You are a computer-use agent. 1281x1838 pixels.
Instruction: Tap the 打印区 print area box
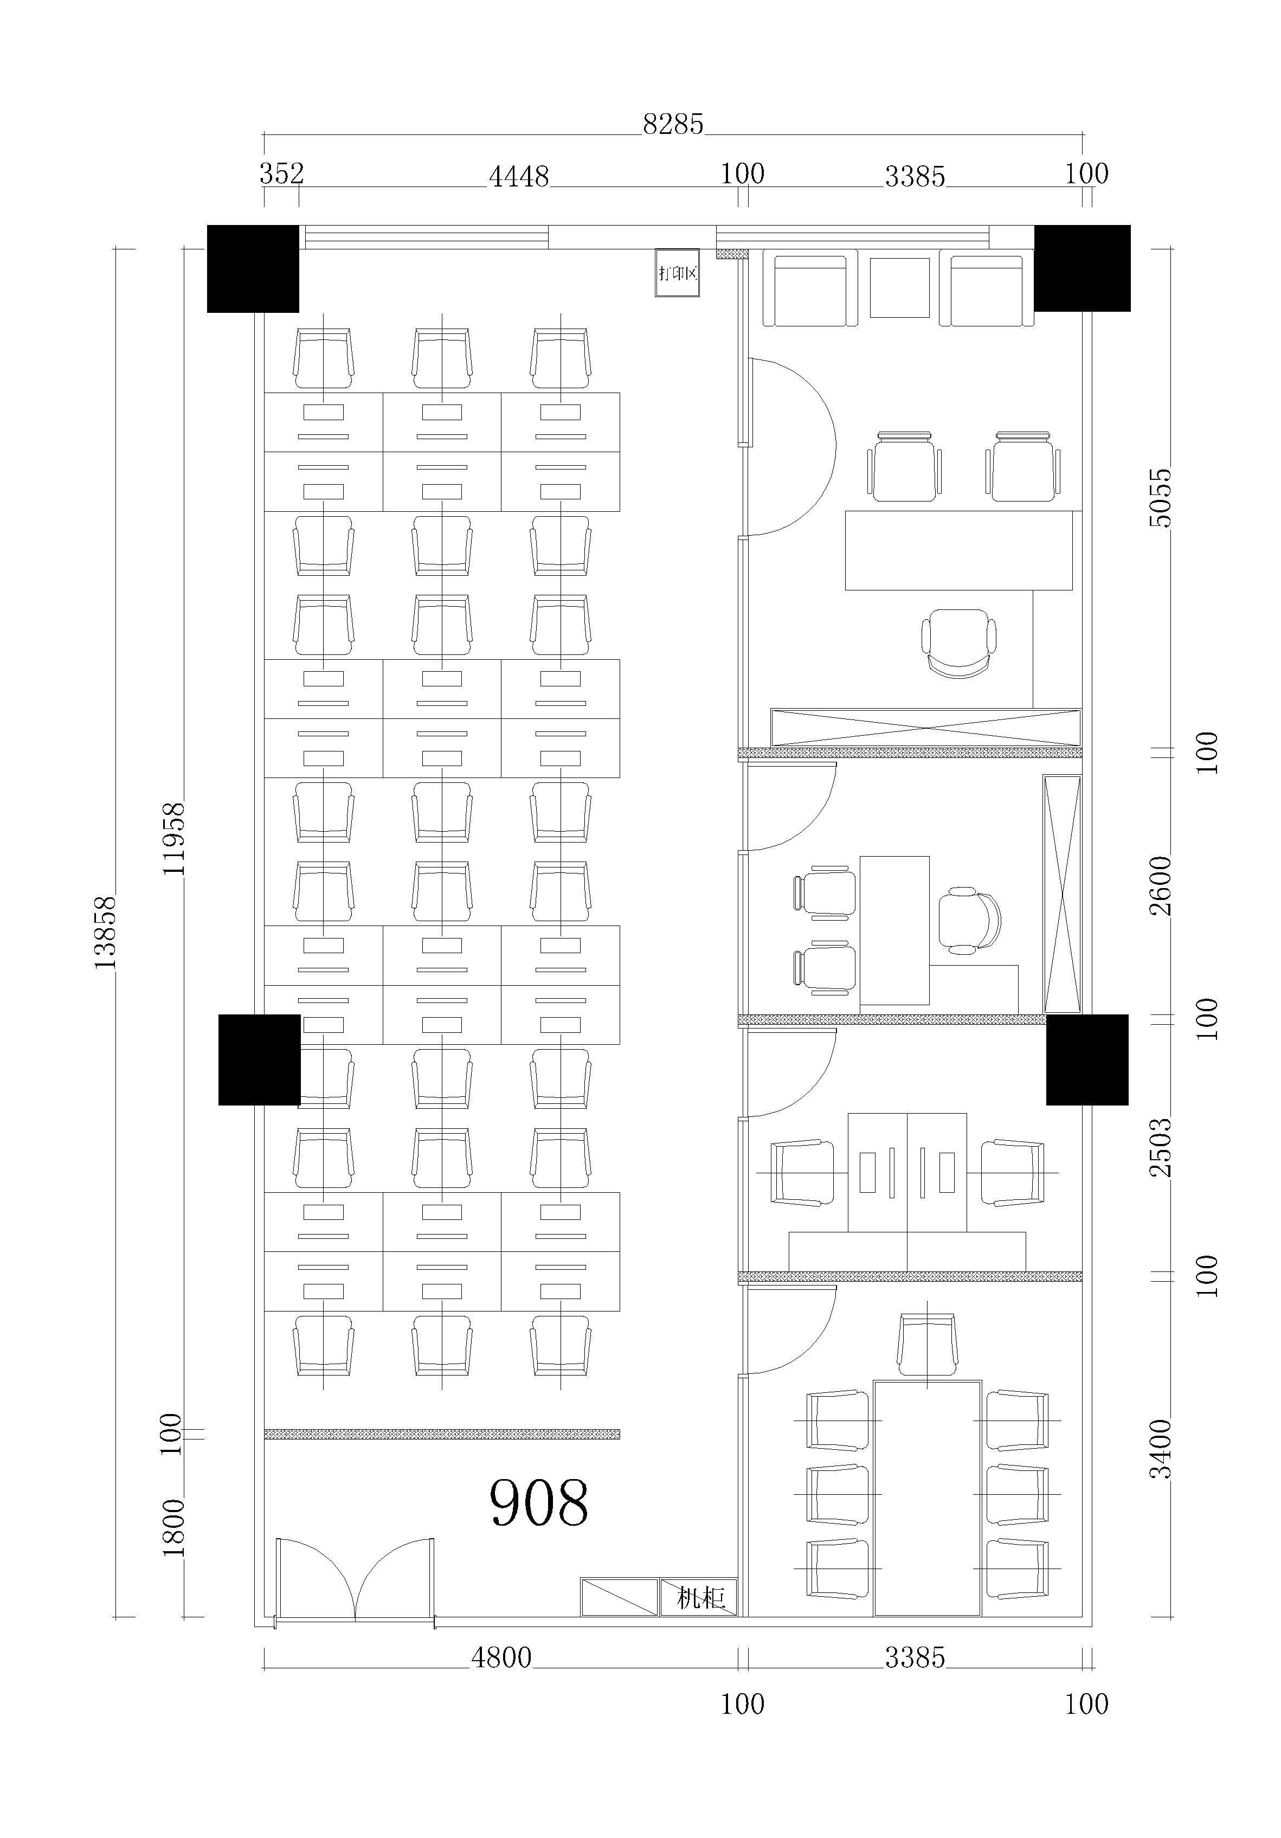pos(677,273)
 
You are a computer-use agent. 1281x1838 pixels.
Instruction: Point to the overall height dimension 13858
pos(105,933)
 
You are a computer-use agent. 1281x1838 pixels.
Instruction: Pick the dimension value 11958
pos(173,839)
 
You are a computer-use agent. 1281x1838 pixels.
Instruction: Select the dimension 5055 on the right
pos(1160,497)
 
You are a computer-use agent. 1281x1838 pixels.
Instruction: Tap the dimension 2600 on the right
pos(1160,885)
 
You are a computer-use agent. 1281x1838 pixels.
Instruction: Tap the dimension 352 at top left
pos(282,173)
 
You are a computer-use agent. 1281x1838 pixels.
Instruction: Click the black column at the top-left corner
pos(253,268)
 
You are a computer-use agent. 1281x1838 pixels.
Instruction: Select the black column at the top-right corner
pos(1083,268)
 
